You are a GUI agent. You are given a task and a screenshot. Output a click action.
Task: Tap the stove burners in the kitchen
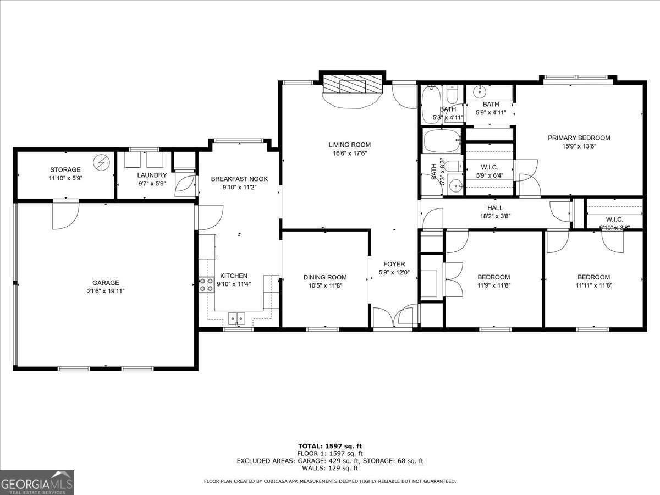pos(207,284)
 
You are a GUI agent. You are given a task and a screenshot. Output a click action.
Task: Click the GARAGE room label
pos(106,283)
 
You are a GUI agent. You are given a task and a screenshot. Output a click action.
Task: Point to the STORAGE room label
pos(65,170)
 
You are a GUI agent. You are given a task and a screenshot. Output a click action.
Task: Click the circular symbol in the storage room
pos(101,162)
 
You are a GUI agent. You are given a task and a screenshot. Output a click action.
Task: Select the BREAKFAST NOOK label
pos(239,179)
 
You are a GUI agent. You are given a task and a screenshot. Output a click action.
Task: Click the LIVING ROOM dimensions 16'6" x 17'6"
pos(349,153)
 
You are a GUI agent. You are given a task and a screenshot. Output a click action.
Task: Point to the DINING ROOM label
pos(325,277)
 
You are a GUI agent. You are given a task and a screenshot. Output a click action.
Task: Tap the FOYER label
pos(394,264)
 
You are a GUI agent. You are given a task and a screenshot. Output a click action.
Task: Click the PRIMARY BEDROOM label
pos(579,138)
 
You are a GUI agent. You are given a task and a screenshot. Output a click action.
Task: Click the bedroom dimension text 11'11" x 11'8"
pos(594,285)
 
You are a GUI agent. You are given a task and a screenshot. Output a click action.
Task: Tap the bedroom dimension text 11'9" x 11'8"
pos(493,285)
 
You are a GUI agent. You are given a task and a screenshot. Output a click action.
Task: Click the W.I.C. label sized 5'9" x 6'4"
pos(489,168)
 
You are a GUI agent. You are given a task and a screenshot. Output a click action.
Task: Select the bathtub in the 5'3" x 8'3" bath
pos(442,141)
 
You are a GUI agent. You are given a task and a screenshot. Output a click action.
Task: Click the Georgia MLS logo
pos(37,482)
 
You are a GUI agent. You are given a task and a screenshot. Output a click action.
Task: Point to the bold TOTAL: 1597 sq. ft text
pos(330,446)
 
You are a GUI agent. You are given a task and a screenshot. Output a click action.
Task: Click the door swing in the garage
pos(65,216)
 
